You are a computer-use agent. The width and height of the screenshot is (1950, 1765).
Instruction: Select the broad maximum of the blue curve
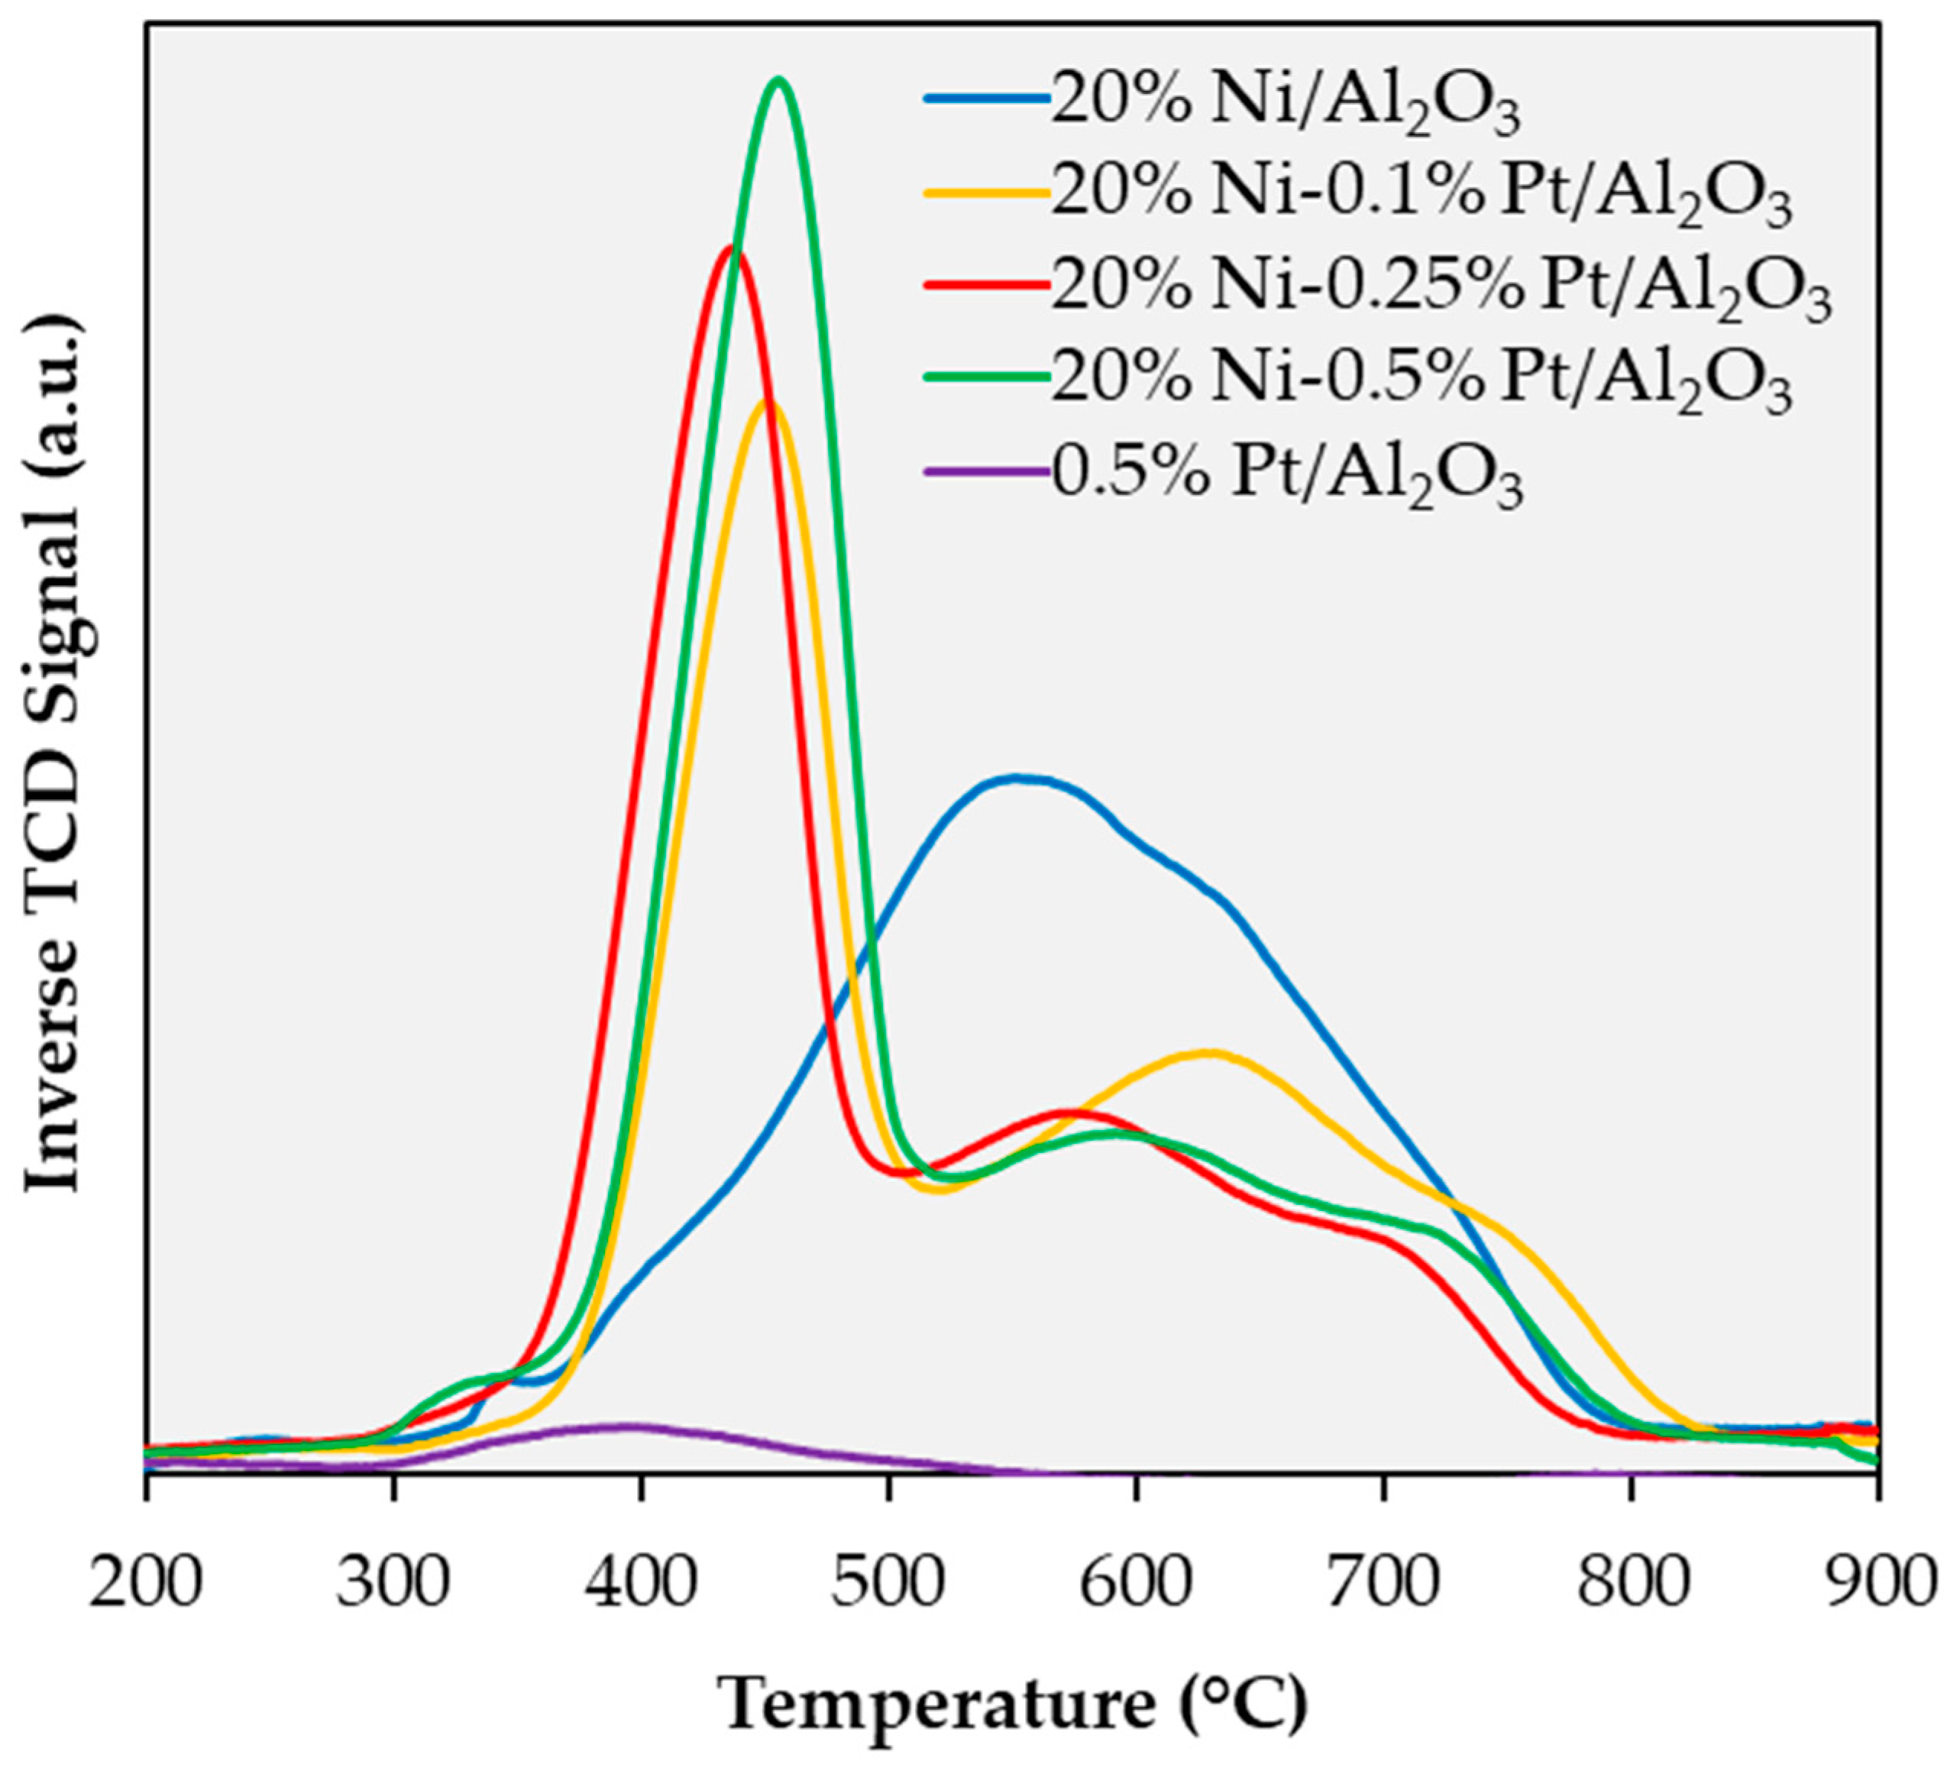click(x=1016, y=777)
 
